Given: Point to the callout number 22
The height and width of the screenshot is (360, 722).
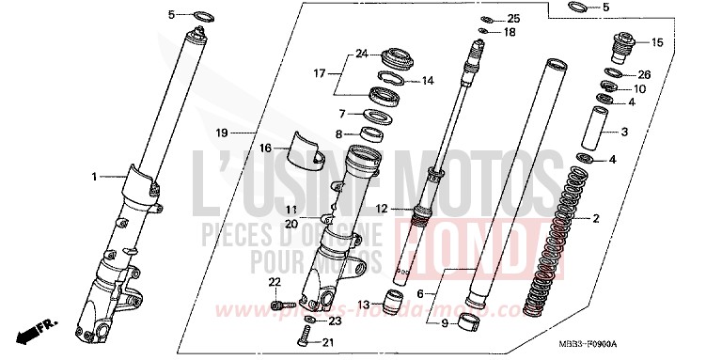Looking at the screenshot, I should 275,282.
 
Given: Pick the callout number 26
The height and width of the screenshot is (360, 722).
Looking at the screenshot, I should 644,74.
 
